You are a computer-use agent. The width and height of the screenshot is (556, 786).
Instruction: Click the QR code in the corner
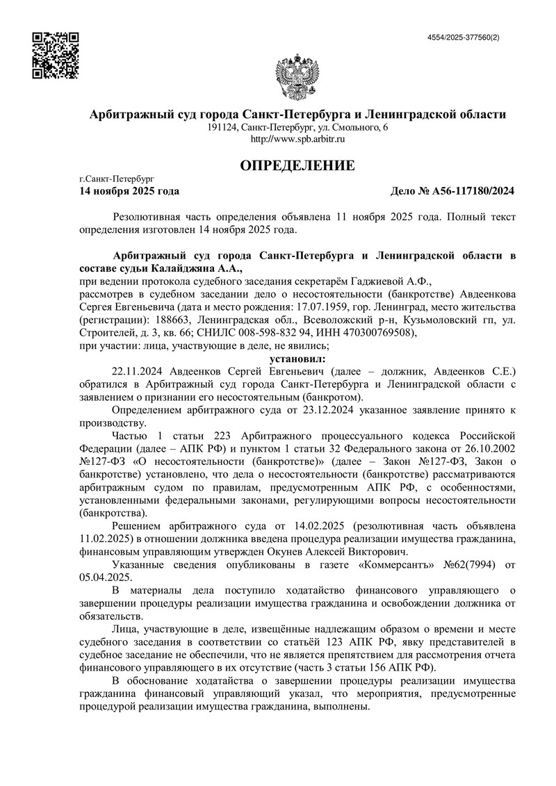point(56,54)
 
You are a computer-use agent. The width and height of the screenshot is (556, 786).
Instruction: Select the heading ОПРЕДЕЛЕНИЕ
point(297,165)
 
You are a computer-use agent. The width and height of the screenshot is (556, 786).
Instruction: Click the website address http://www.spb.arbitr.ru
point(297,139)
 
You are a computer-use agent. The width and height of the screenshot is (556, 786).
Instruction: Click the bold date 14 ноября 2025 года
point(130,190)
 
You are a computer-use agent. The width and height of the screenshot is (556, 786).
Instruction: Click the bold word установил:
point(297,359)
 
